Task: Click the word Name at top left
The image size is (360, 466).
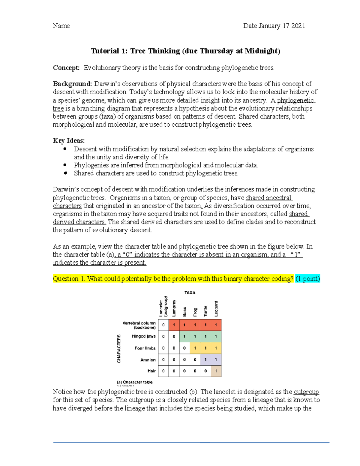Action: (x=61, y=26)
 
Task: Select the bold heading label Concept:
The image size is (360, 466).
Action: (x=66, y=68)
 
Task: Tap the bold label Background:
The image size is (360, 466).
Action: (x=72, y=84)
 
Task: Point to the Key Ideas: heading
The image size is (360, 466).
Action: (x=69, y=141)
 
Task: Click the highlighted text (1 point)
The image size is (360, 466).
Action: (x=307, y=279)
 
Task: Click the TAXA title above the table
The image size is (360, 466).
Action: (x=190, y=293)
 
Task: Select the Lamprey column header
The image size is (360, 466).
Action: (x=174, y=308)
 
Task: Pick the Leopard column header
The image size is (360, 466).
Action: (x=216, y=308)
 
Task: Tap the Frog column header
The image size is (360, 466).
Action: (x=195, y=312)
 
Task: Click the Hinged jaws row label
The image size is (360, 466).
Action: (x=143, y=336)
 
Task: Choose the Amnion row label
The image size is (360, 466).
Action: (x=148, y=360)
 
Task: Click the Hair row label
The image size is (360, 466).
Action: (x=151, y=371)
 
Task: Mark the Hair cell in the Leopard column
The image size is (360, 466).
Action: (x=216, y=371)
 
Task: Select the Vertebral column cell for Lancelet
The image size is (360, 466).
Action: (x=163, y=325)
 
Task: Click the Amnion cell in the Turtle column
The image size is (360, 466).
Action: (x=205, y=360)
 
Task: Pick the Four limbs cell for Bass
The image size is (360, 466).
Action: (x=184, y=348)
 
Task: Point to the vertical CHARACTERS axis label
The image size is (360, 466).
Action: (x=119, y=348)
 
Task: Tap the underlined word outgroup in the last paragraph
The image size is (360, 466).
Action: (x=306, y=392)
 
